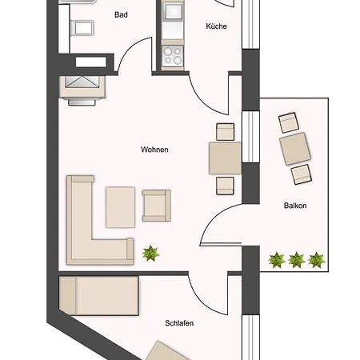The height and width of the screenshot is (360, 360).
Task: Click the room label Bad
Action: [122, 14]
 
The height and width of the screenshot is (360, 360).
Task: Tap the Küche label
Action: [216, 26]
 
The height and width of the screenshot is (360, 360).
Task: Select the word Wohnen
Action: [154, 150]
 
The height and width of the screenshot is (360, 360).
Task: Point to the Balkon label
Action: [295, 206]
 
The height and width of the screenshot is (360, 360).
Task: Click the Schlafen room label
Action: [180, 323]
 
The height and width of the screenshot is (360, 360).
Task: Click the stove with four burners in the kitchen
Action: [173, 55]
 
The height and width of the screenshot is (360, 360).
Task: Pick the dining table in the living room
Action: [225, 157]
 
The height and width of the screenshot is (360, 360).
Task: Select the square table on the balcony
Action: [295, 149]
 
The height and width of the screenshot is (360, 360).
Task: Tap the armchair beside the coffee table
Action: [156, 205]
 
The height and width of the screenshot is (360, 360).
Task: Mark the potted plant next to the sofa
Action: [150, 254]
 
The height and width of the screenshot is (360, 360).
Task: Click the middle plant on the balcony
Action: [297, 259]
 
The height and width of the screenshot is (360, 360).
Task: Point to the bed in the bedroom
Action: [100, 295]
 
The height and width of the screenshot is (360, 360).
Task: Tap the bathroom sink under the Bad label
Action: [82, 30]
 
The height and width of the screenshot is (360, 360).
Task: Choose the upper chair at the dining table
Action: [226, 130]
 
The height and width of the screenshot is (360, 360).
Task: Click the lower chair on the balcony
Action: [301, 174]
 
